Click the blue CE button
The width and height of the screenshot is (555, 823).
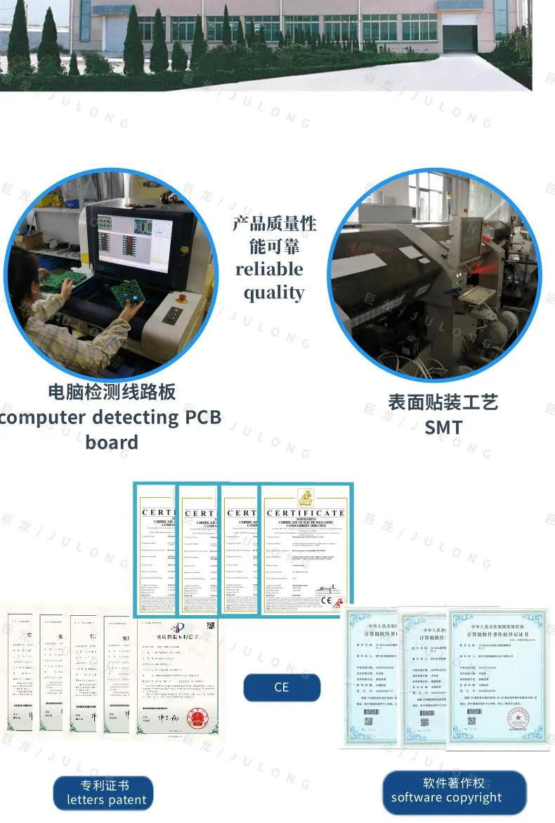point(282,687)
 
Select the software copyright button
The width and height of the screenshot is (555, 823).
point(454,791)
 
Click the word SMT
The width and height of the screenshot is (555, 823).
point(443,427)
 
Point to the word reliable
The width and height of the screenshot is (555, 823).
point(270,270)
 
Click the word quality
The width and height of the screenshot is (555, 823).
point(274,293)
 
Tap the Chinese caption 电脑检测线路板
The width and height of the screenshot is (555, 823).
point(112,392)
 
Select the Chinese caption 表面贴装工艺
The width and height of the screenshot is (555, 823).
point(443,402)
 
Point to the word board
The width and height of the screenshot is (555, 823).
point(112,442)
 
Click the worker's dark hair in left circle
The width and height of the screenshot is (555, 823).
point(21,270)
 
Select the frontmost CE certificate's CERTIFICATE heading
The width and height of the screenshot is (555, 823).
point(305,513)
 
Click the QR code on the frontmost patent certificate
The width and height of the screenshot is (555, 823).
point(208,626)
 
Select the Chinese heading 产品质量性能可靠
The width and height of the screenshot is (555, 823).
point(274,235)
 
